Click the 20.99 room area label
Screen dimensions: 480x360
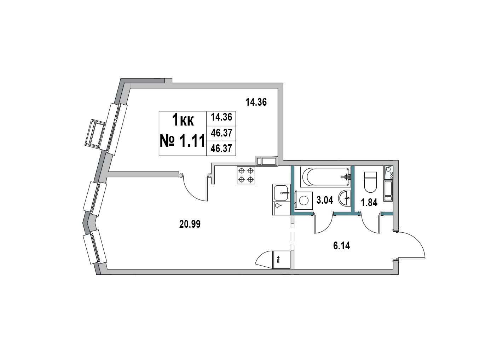click(x=190, y=224)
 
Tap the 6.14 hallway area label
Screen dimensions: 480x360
click(x=341, y=246)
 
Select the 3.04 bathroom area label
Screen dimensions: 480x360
click(x=325, y=200)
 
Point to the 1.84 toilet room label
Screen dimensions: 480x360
click(x=369, y=203)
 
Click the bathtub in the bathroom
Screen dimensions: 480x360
click(x=326, y=176)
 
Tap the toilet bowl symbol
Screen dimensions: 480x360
click(x=370, y=182)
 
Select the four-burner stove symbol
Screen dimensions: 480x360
click(x=246, y=175)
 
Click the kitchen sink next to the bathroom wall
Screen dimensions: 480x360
click(x=281, y=193)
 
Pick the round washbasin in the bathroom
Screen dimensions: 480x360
click(x=345, y=198)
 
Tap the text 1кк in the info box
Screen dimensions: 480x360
click(x=183, y=120)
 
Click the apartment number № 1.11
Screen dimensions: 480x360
click(x=183, y=141)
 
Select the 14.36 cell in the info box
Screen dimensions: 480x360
click(x=221, y=117)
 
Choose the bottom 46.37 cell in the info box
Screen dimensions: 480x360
click(x=221, y=149)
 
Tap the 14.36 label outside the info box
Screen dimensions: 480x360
click(x=256, y=102)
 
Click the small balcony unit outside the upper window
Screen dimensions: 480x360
click(x=95, y=133)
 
